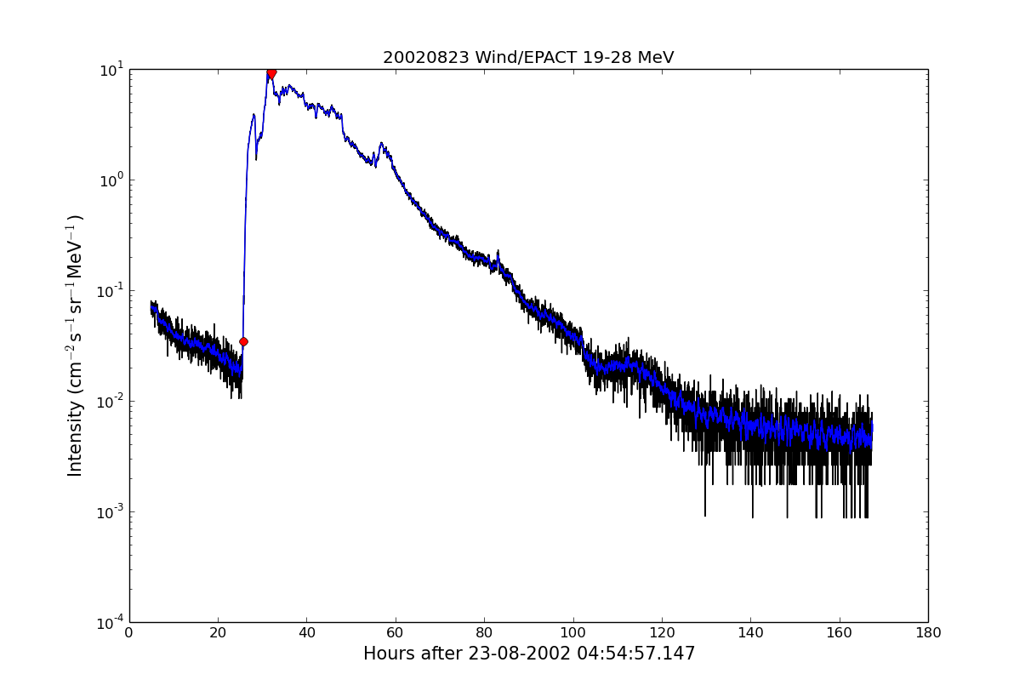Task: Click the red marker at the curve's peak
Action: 271,73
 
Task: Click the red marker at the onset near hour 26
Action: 243,341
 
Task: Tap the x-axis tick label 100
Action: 572,633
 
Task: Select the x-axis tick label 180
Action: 927,633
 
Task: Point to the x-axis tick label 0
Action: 129,633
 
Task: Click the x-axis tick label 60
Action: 396,633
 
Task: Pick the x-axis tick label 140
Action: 750,633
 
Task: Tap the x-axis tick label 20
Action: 218,633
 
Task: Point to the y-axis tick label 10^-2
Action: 111,401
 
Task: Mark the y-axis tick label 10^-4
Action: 111,622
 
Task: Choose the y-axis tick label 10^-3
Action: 111,511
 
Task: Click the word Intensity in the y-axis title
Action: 76,439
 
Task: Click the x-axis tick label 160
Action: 839,633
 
